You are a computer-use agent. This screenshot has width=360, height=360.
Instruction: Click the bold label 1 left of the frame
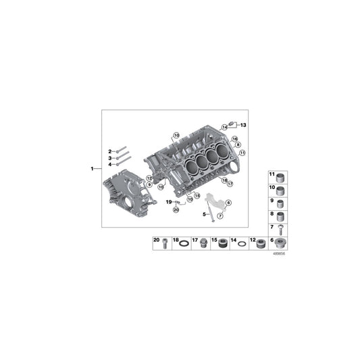click(x=93, y=168)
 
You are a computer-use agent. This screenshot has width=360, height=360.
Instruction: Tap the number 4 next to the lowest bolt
click(x=109, y=163)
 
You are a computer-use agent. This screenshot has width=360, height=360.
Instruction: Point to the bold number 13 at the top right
click(x=244, y=126)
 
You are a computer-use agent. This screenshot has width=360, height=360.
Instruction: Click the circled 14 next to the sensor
click(x=226, y=127)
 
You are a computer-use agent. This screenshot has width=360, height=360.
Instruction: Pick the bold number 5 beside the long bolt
click(x=203, y=214)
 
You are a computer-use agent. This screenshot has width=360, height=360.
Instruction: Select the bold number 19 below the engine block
click(x=168, y=202)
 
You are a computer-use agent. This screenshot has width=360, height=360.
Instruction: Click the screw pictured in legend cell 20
click(x=165, y=244)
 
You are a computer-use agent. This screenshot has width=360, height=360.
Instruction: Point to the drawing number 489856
click(x=279, y=255)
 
